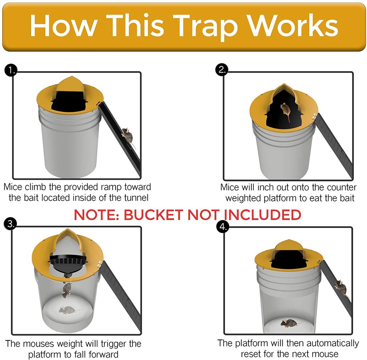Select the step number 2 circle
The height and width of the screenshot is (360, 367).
pos(222,69)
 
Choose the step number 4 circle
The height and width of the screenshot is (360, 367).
pos(223,227)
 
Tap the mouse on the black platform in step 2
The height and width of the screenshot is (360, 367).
pos(285,111)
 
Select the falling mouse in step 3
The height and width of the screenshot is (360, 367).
pos(67,290)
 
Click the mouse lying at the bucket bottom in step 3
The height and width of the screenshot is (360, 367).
pos(67,310)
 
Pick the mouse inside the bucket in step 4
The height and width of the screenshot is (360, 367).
pos(288,323)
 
